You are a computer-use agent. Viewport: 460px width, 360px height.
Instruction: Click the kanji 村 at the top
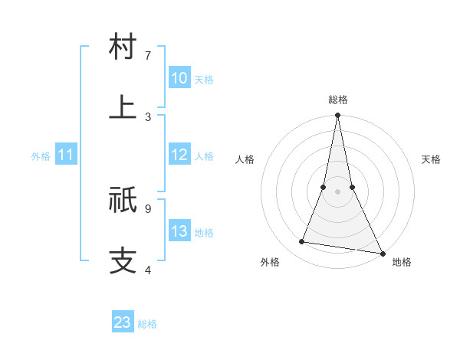123,47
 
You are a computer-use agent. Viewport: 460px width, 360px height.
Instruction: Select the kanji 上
123,106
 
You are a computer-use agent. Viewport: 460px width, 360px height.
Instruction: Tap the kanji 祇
123,201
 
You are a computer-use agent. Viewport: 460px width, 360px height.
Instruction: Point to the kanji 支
123,260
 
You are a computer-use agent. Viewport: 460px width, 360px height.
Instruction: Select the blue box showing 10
179,78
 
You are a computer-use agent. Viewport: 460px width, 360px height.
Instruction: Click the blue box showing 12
179,155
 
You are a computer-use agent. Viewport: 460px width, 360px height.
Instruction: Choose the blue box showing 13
179,232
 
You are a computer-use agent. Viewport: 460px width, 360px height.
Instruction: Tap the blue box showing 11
66,155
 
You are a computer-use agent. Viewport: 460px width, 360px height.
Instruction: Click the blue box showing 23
123,322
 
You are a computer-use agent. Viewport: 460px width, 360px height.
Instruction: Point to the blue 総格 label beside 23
147,324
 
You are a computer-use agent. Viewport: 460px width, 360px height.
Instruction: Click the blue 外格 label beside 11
41,156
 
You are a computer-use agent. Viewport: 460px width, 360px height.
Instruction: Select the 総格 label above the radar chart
338,100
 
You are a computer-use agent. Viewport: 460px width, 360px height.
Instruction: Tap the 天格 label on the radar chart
431,159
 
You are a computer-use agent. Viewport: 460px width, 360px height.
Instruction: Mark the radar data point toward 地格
382,253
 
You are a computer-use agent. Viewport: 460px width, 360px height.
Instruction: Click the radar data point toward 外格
302,242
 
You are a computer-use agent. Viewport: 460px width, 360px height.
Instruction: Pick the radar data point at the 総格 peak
338,116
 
